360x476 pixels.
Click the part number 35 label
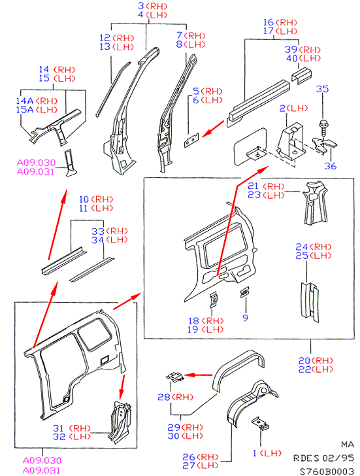pyautogui.click(x=322, y=89)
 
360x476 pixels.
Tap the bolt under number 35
pyautogui.click(x=322, y=127)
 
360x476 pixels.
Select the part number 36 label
pyautogui.click(x=331, y=166)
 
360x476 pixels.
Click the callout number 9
pyautogui.click(x=246, y=318)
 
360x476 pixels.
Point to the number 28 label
pyautogui.click(x=164, y=397)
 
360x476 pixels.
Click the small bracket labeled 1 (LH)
pyautogui.click(x=260, y=424)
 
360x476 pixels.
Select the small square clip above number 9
pyautogui.click(x=244, y=292)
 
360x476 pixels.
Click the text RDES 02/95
pyautogui.click(x=323, y=458)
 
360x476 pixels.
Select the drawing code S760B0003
pyautogui.click(x=327, y=471)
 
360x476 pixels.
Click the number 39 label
pyautogui.click(x=291, y=50)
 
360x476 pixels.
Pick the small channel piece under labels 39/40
pyautogui.click(x=301, y=76)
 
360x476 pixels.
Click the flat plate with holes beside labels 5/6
pyautogui.click(x=191, y=140)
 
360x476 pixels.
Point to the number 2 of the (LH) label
pyautogui.click(x=282, y=108)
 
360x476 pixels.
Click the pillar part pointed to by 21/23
pyautogui.click(x=315, y=203)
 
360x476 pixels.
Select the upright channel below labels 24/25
pyautogui.click(x=310, y=302)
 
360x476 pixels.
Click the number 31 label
pyautogui.click(x=59, y=428)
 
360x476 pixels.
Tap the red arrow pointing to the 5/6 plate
pyautogui.click(x=214, y=129)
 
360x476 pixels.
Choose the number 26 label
pyautogui.click(x=188, y=456)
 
